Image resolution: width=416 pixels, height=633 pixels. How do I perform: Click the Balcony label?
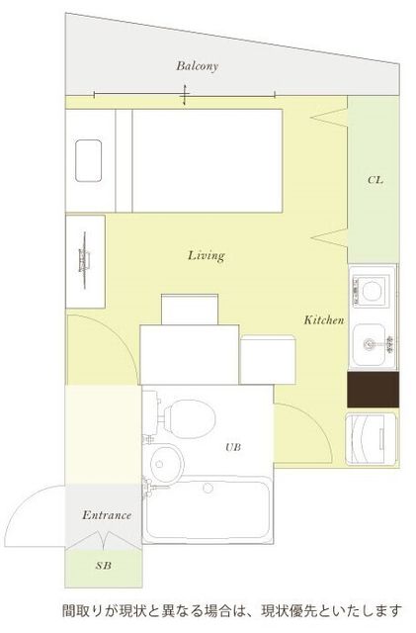tap(197, 66)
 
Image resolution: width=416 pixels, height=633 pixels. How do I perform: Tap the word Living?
tap(207, 255)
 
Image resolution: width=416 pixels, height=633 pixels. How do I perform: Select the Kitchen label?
tap(324, 320)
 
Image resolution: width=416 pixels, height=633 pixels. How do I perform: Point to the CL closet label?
tap(375, 180)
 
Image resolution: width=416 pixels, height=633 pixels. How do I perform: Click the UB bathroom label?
tap(233, 447)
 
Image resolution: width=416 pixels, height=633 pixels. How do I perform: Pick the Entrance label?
tap(107, 515)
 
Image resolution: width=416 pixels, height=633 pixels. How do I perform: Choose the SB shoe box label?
tap(104, 566)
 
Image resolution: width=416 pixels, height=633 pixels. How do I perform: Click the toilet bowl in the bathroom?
tap(190, 418)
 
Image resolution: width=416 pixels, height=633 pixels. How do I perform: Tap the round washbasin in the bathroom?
tap(167, 464)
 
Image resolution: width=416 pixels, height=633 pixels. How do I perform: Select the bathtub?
tap(208, 511)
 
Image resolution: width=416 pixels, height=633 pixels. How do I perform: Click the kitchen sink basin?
tap(370, 344)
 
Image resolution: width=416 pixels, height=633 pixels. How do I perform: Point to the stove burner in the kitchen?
tap(372, 290)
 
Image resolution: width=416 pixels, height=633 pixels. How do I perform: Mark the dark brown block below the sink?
tap(374, 390)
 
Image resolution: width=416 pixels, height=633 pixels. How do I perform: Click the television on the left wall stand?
tap(84, 260)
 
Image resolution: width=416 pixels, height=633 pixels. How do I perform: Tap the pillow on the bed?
tap(88, 160)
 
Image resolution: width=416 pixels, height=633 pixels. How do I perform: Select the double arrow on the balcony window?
tap(185, 95)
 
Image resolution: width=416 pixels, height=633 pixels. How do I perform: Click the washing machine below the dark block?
tap(372, 439)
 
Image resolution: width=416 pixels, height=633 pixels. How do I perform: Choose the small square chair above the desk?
tap(190, 310)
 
